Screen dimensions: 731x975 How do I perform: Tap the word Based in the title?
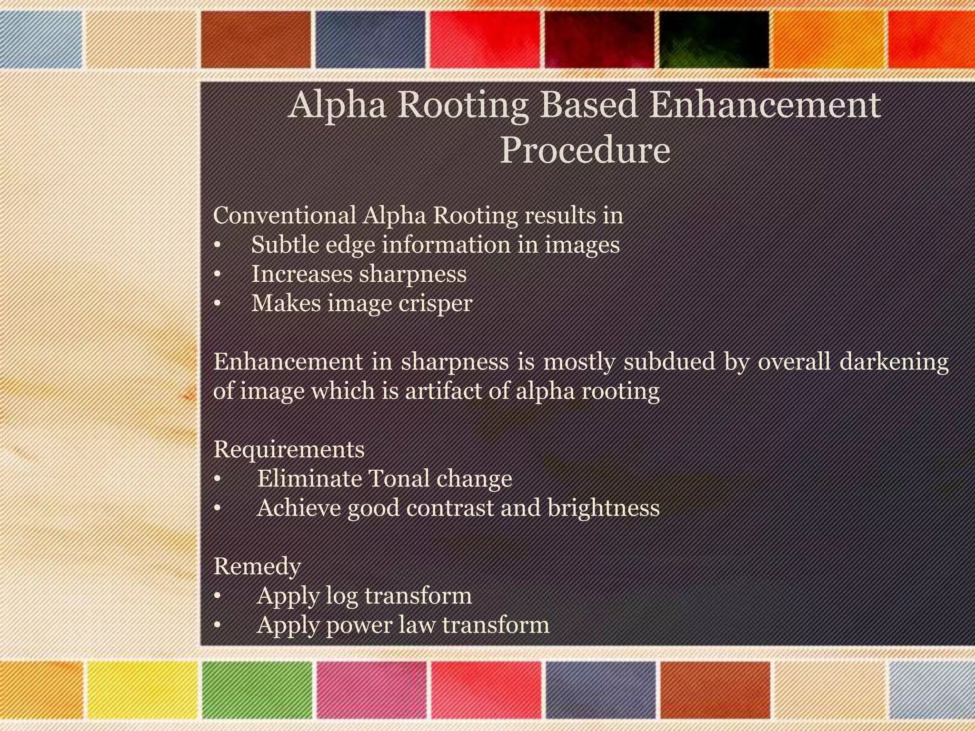(x=589, y=105)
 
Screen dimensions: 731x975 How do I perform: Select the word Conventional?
(x=284, y=215)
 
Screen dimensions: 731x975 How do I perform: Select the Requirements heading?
(x=289, y=449)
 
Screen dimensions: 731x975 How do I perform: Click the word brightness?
(x=603, y=508)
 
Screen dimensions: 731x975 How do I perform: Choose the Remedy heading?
(x=257, y=566)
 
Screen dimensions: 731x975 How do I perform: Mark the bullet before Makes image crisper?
(x=217, y=304)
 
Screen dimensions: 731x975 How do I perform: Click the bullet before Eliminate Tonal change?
(x=217, y=479)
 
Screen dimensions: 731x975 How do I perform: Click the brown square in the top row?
(x=256, y=40)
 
